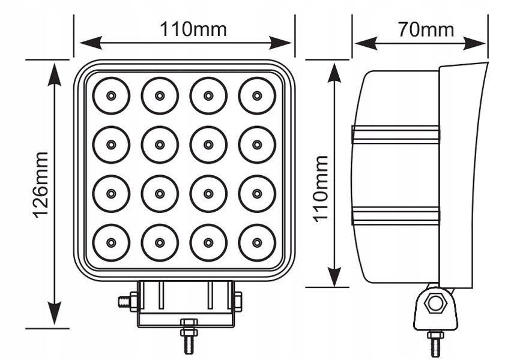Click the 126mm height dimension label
[41, 184]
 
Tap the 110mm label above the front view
[193, 29]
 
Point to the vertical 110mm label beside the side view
[321, 188]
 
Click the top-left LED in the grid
[111, 95]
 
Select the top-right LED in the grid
[257, 95]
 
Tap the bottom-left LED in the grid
[111, 242]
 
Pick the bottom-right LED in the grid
[257, 242]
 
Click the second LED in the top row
[160, 95]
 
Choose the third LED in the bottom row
[208, 242]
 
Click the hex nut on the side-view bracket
[435, 304]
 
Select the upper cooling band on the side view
[396, 134]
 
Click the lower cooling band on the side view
[396, 215]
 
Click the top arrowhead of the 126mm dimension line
[55, 71]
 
